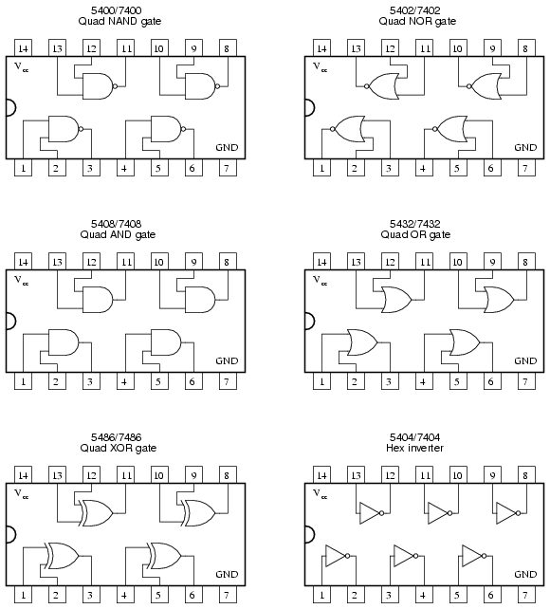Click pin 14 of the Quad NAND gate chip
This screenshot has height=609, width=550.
click(23, 47)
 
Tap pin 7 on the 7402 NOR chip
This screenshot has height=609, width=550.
click(526, 168)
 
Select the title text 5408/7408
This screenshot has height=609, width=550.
click(117, 224)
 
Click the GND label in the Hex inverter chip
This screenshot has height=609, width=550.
click(525, 574)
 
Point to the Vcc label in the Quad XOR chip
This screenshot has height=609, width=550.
click(22, 493)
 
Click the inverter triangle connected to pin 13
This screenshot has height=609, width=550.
click(372, 513)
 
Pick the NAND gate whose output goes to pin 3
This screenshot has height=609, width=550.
click(65, 129)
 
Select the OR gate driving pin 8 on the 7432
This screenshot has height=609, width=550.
click(499, 300)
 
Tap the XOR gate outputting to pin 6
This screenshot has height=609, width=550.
click(165, 556)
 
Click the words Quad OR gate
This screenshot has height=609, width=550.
click(415, 234)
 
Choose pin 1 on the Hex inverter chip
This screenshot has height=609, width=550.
click(321, 595)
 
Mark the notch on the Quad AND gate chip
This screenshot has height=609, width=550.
click(10, 322)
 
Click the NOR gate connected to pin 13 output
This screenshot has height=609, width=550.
click(381, 86)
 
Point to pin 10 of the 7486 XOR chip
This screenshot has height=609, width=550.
click(159, 474)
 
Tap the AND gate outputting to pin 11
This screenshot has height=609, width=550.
click(98, 300)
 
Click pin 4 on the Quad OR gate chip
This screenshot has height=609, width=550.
click(424, 381)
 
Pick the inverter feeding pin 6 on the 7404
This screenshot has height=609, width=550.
click(474, 556)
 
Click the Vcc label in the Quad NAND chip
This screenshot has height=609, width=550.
click(22, 66)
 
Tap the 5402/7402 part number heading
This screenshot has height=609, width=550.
click(415, 10)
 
